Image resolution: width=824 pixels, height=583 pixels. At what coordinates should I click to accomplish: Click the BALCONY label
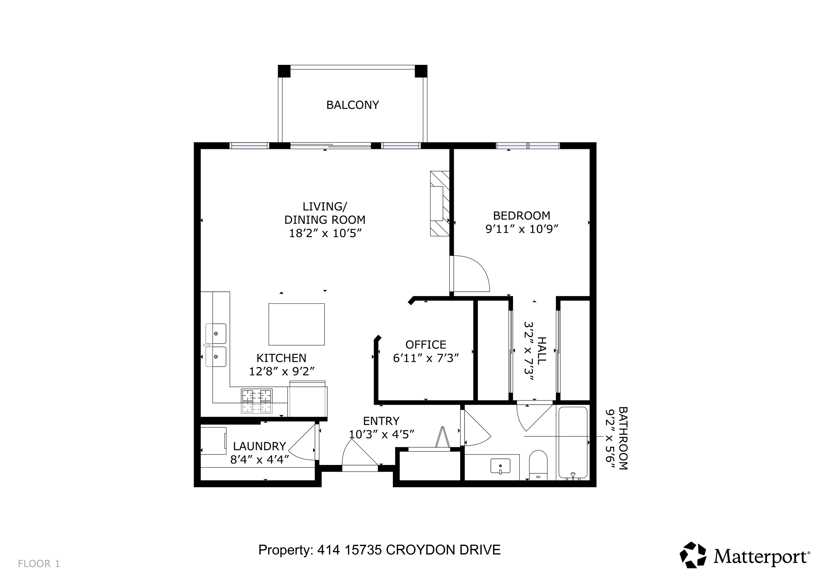352,105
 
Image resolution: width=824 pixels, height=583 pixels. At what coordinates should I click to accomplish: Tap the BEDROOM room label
521,216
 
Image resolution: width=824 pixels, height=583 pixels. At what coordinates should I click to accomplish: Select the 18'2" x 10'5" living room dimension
325,233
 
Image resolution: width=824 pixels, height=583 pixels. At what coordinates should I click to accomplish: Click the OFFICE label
426,344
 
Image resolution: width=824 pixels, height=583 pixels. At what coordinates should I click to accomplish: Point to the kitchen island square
296,324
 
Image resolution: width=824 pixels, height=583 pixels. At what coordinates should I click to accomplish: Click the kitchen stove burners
257,401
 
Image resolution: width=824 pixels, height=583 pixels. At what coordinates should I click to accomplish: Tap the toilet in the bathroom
538,465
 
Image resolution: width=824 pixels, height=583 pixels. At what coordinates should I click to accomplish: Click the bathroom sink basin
500,466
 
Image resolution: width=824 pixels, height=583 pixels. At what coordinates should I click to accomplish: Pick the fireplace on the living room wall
440,203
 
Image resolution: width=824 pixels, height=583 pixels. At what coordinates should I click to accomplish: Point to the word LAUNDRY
259,446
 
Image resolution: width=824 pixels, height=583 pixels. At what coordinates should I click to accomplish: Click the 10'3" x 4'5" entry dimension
381,434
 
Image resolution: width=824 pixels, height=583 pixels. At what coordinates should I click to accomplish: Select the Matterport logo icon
693,555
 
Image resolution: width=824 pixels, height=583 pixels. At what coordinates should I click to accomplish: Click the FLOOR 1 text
39,564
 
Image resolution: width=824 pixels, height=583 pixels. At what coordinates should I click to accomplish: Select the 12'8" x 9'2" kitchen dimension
282,371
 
